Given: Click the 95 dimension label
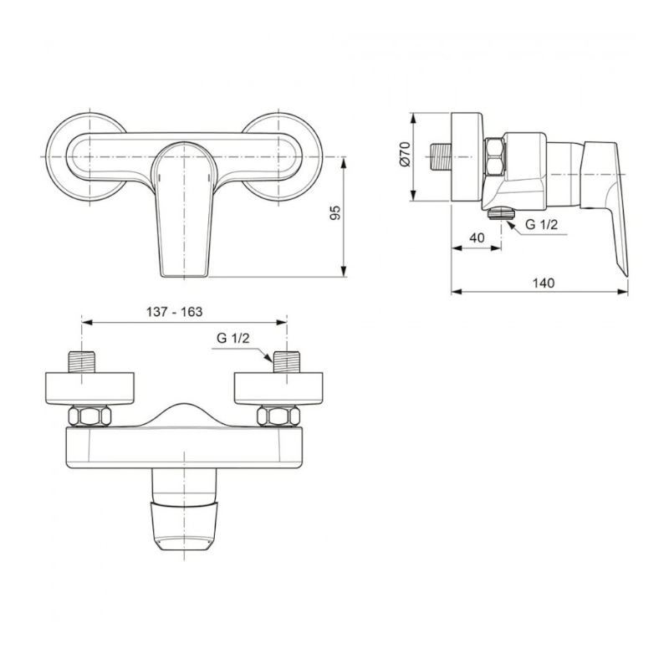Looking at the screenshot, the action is (x=337, y=212).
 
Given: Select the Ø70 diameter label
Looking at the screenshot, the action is (x=405, y=154).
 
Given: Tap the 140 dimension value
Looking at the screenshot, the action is (x=544, y=283).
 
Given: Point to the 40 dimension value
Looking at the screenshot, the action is (x=477, y=237).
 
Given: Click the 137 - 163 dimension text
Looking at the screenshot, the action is (x=175, y=312).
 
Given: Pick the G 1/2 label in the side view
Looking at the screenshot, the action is (x=541, y=224).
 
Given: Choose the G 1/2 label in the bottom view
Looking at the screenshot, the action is (x=233, y=339).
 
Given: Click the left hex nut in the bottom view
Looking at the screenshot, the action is (x=89, y=416).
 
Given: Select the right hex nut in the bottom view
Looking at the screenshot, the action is (x=278, y=416).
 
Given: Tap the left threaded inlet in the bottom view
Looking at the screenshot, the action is (x=82, y=362).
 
